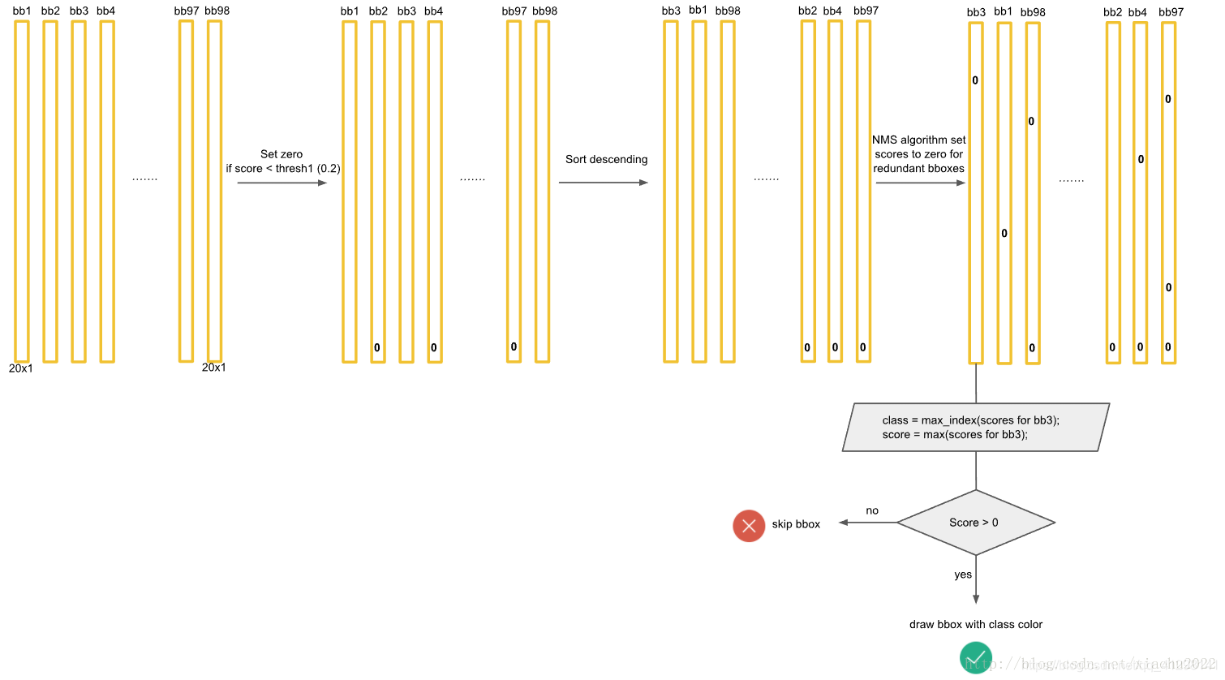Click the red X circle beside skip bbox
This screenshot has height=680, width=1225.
pos(749,526)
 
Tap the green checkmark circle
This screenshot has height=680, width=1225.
pos(975,657)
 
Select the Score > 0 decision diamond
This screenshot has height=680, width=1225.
pos(975,523)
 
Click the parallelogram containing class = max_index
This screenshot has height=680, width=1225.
pos(975,428)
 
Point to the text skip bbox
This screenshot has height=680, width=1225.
pos(796,524)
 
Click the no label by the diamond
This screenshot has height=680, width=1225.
pos(872,510)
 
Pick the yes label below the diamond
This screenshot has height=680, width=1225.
pos(963,575)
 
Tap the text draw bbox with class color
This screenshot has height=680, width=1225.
pos(975,624)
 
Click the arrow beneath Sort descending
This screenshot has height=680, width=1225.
pos(603,183)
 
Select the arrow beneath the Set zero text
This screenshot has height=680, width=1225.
pos(282,183)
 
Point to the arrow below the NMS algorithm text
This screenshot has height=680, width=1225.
pos(920,183)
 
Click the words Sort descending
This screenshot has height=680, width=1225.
pos(606,159)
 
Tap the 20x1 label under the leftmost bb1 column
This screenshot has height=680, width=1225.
pos(21,368)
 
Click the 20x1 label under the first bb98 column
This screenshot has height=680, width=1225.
pos(214,368)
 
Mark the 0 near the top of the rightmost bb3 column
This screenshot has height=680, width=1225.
pos(975,80)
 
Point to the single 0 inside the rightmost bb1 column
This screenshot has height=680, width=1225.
pos(1004,234)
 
